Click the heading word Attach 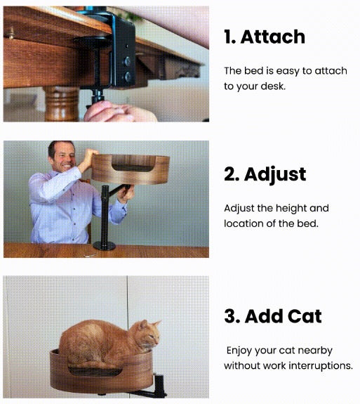273,37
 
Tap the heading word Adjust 275,175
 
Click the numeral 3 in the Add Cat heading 230,316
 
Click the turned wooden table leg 62,104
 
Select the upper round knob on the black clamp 127,61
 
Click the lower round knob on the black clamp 128,77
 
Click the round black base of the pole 105,245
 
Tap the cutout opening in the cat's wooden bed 95,371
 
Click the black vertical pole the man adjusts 105,214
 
